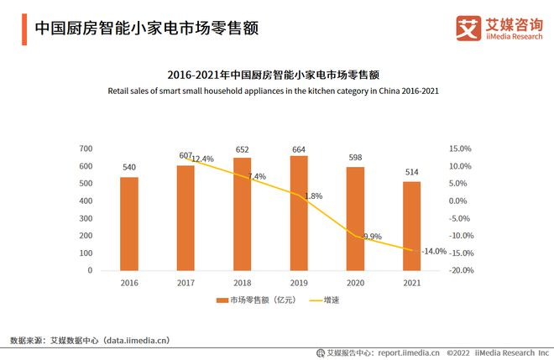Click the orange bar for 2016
[x=129, y=223]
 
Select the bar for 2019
[x=299, y=213]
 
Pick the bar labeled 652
[x=242, y=214]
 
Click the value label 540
[x=129, y=168]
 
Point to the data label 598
[x=355, y=158]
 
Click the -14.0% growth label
[x=434, y=251]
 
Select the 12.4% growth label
[x=202, y=159]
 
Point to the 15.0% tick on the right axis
[x=460, y=149]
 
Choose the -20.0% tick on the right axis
[x=460, y=271]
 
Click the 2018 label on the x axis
[x=242, y=284]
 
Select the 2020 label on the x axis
[x=355, y=284]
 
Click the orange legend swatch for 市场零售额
[x=222, y=300]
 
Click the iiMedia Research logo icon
[x=467, y=27]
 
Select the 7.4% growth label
[x=257, y=176]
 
